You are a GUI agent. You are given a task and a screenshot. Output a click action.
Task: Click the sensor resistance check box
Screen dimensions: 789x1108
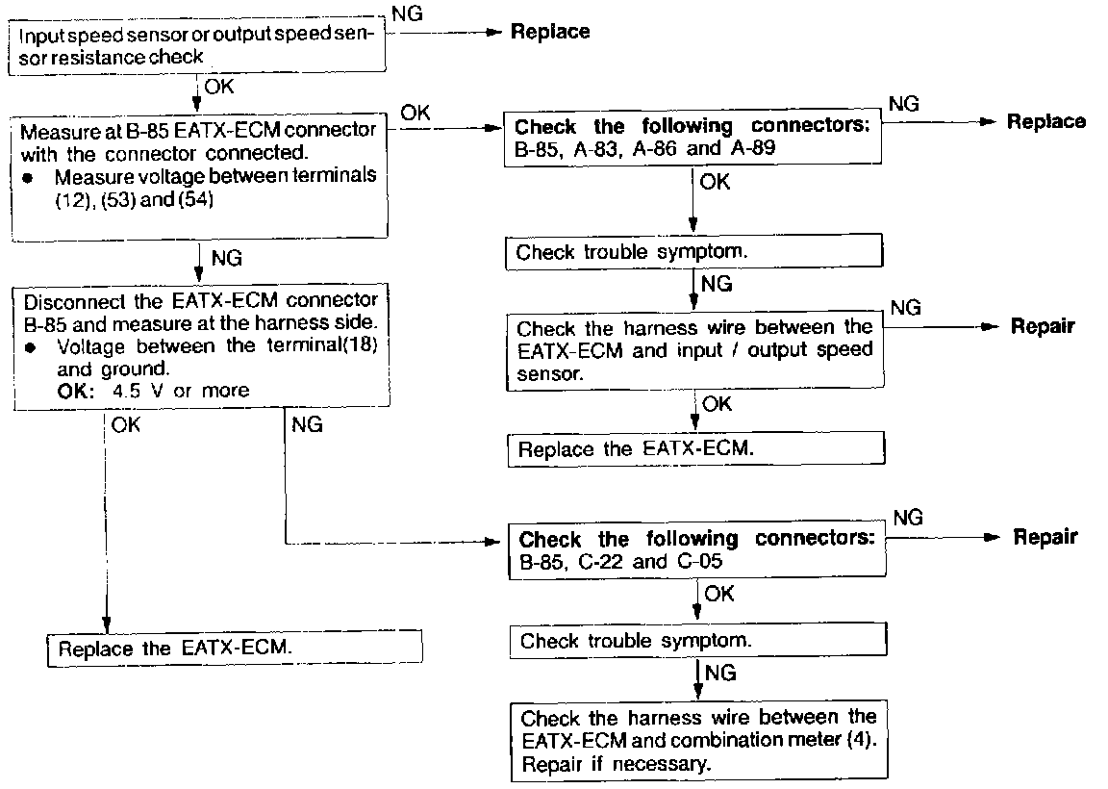(198, 45)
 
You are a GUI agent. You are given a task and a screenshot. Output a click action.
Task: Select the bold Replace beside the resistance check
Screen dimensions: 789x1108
(549, 32)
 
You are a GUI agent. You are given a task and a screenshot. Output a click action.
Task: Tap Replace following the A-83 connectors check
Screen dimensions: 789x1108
(1045, 122)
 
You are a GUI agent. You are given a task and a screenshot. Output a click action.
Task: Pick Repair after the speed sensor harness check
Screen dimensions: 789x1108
(1043, 326)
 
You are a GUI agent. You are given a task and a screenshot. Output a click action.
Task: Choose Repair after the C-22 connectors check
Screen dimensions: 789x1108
(1045, 537)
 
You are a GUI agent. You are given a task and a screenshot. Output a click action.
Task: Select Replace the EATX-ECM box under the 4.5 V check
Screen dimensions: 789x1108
(236, 648)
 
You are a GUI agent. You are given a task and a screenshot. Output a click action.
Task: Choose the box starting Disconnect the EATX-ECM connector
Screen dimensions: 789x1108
(198, 345)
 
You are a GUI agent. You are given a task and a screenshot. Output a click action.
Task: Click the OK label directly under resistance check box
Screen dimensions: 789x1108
(218, 87)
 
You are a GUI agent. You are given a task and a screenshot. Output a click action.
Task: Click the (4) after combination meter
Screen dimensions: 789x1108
(863, 742)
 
